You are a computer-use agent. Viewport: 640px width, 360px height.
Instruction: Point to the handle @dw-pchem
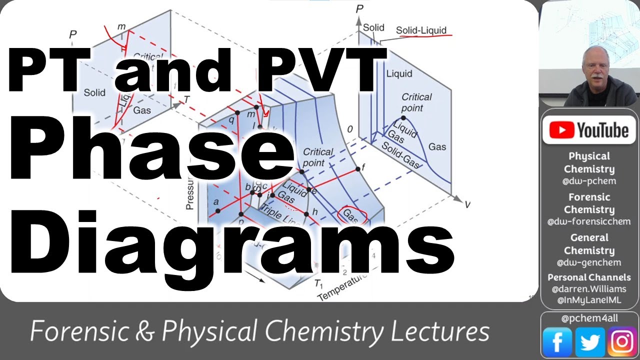tap(589, 181)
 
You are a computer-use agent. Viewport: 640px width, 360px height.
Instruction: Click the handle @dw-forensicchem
tap(589, 221)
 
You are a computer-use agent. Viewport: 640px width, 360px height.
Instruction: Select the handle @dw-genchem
tap(589, 262)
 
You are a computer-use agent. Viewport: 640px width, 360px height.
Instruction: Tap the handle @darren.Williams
tap(589, 289)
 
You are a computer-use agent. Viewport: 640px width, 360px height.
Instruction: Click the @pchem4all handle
tap(589, 318)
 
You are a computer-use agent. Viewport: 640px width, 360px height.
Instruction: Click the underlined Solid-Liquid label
tap(421, 30)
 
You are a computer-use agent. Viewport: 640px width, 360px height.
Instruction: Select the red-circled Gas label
tap(352, 215)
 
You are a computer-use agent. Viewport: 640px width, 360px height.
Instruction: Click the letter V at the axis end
tap(467, 204)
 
